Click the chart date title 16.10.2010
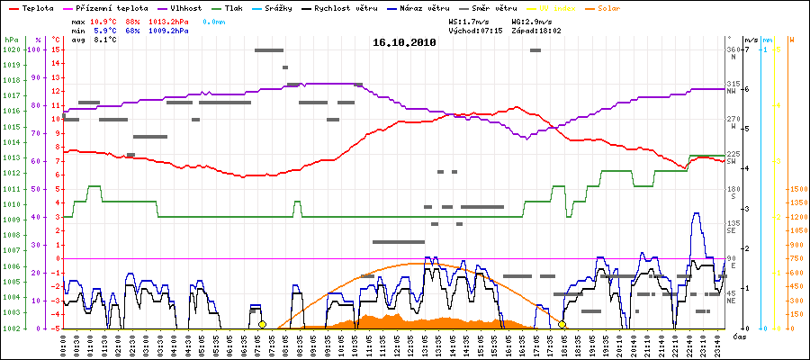(x=404, y=42)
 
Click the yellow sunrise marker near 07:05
(x=262, y=324)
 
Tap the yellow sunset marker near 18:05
(x=562, y=324)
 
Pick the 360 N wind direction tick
(x=733, y=52)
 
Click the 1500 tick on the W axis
(x=796, y=189)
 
